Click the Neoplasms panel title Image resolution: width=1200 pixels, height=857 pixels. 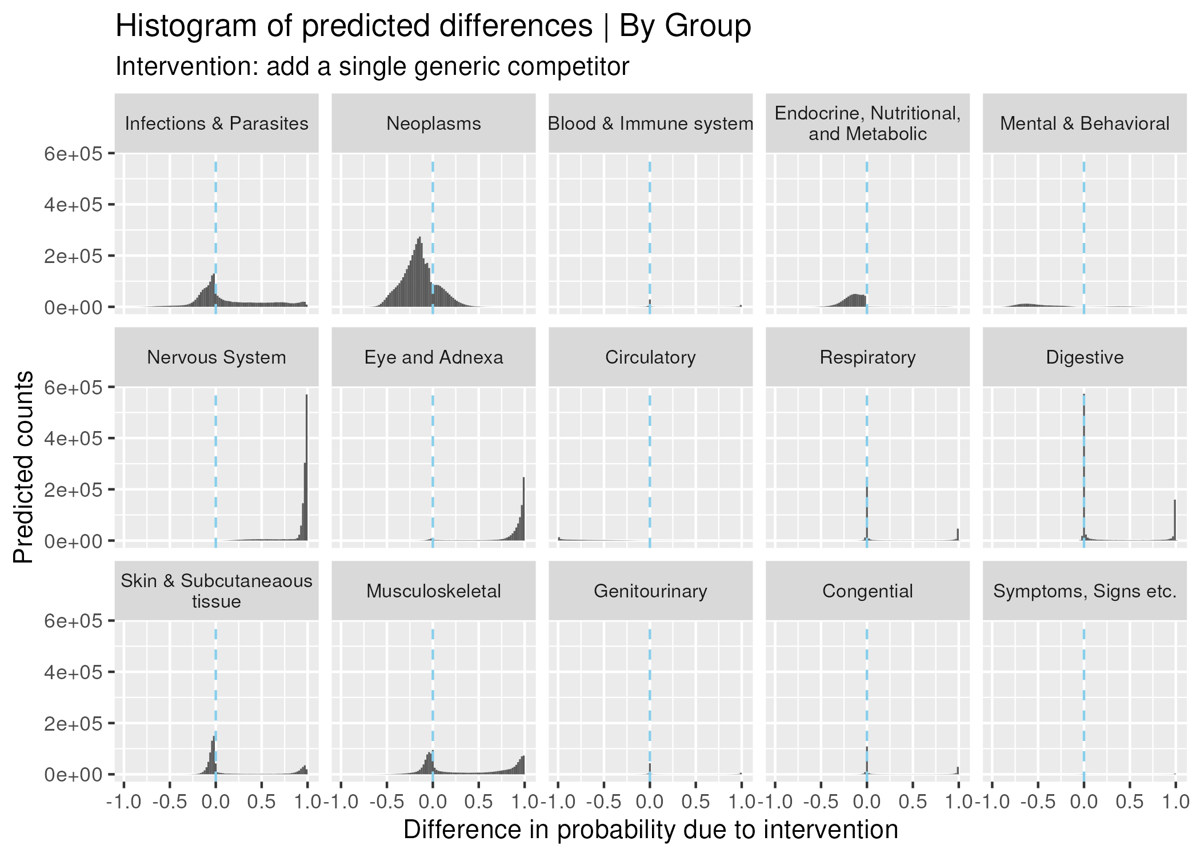433,123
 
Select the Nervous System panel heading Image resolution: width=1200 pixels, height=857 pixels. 216,357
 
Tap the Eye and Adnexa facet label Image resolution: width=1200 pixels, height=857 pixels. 433,357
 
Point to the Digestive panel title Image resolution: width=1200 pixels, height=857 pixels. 1085,357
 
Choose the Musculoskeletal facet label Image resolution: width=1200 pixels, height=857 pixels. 433,591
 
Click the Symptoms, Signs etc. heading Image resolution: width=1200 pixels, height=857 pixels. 1085,591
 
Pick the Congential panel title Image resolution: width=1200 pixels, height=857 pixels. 867,591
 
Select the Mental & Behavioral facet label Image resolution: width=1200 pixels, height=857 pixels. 1085,123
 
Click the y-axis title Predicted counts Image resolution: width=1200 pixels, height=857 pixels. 24,467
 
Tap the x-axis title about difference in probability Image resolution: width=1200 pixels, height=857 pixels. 650,830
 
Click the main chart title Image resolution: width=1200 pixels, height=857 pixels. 433,26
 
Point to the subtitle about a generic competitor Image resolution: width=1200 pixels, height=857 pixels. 372,66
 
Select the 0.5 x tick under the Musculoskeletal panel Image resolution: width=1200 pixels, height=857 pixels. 478,802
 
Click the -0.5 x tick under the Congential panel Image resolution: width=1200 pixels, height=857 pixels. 821,802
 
